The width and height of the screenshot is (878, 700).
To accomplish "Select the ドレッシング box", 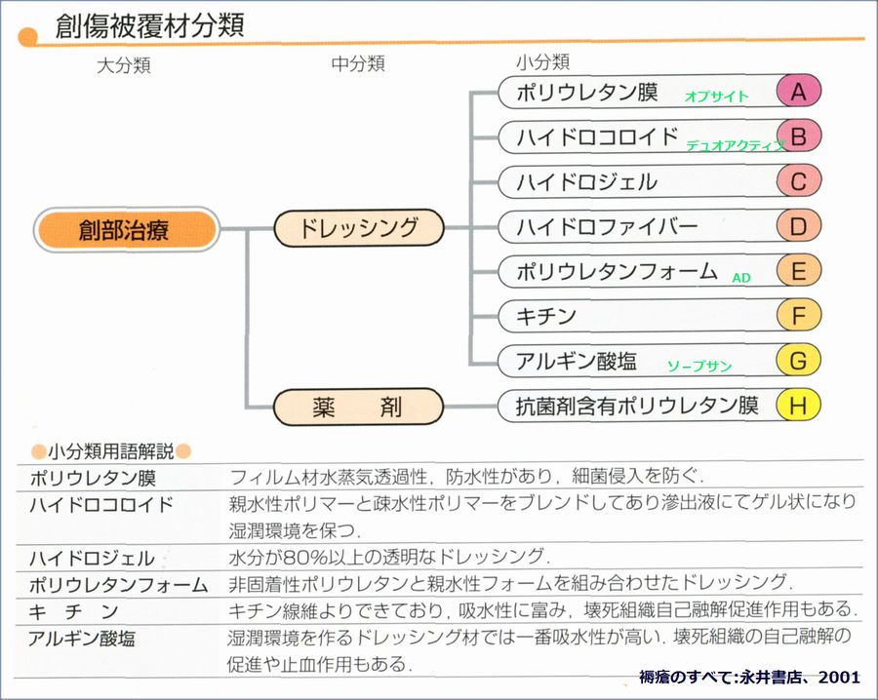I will tap(358, 228).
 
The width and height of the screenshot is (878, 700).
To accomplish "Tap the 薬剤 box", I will tap(358, 406).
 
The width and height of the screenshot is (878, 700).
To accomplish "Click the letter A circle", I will tap(798, 92).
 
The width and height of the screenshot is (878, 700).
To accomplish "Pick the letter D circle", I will tap(798, 227).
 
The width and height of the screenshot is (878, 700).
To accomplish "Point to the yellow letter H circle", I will tap(798, 406).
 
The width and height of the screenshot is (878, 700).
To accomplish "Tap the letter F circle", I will tap(798, 316).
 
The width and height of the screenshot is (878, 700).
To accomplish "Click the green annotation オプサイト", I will tap(716, 97).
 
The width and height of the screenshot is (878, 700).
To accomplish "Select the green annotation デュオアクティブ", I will tap(735, 145).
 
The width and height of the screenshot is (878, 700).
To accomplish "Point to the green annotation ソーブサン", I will tap(698, 367).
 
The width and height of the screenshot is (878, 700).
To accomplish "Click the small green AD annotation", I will tap(741, 278).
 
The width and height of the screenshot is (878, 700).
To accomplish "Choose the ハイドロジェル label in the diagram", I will tap(586, 182).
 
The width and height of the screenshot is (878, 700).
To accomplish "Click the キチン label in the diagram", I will tap(546, 316).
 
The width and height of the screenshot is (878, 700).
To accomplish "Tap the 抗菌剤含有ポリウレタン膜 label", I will tap(636, 406).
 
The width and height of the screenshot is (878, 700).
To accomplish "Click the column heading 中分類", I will tap(358, 63).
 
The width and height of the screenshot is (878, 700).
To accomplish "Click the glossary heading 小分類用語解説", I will tap(110, 451).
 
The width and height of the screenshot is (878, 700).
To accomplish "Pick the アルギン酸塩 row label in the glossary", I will tap(82, 640).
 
